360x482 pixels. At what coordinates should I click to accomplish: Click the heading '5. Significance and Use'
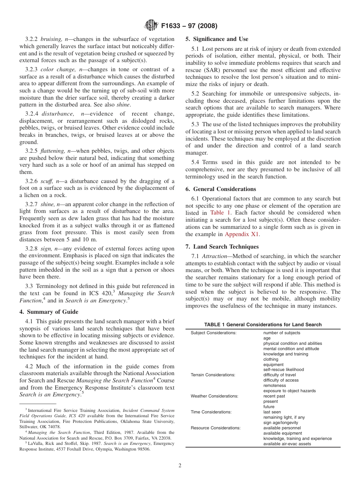tap(217, 39)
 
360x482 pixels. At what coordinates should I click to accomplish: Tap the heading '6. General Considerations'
tap(221, 189)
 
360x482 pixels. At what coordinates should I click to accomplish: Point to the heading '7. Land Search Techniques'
tap(222, 247)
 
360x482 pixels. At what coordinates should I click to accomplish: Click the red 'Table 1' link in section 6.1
tap(219, 213)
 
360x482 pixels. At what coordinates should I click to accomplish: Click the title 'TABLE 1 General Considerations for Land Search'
tap(263, 324)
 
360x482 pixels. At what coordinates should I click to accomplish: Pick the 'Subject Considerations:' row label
tap(213, 333)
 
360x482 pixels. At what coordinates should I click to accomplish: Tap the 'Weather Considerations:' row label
tap(214, 396)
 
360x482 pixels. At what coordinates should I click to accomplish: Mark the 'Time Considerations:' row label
tap(211, 412)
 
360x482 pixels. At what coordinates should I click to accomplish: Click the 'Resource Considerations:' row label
tap(215, 428)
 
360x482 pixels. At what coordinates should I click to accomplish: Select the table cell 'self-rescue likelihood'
tap(283, 370)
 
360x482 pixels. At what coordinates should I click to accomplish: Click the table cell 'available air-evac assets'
tap(287, 444)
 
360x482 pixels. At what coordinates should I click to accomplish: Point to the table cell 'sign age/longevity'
tap(280, 423)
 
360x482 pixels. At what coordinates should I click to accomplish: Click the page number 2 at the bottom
tap(180, 466)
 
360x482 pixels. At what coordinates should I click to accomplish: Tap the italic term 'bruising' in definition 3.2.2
tap(52, 39)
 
